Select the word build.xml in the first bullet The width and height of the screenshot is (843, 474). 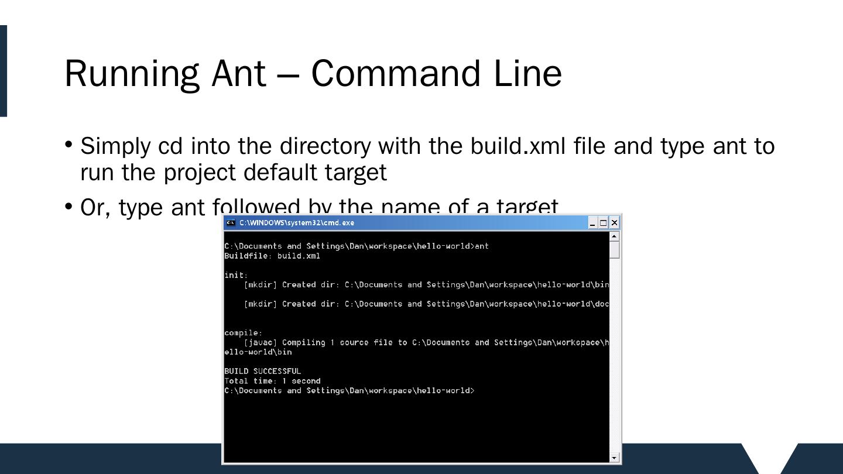click(518, 146)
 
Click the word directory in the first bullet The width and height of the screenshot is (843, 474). click(324, 146)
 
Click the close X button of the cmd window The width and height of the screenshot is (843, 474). click(614, 223)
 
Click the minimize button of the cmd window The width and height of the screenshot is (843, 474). click(592, 223)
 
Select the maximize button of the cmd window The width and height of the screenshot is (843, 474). click(603, 223)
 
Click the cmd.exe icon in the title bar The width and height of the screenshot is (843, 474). click(231, 223)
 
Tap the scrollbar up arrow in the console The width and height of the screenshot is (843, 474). click(614, 236)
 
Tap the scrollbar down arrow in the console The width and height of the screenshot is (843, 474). click(614, 458)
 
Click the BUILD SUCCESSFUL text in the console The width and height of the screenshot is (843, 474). click(262, 371)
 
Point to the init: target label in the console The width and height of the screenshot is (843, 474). click(236, 275)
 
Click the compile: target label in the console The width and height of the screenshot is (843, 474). click(243, 333)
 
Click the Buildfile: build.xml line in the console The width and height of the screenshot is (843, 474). click(272, 256)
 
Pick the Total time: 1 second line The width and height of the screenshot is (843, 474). click(272, 381)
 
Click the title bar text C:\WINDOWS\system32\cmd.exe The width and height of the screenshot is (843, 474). click(296, 223)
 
